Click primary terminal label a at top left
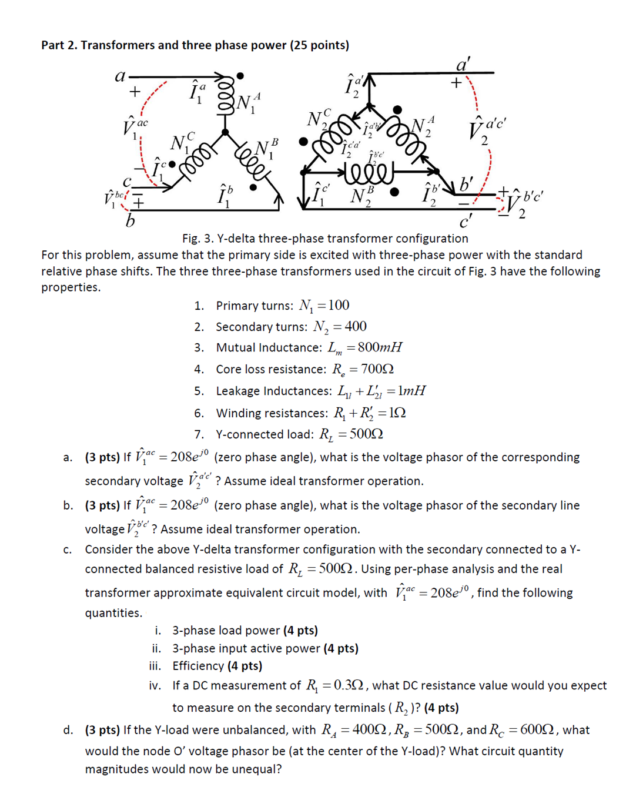[120, 76]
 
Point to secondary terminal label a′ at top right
[463, 64]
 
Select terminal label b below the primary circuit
[130, 221]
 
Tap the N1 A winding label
[247, 103]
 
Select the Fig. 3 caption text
[324, 238]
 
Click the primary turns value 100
[339, 305]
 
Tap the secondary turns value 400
[355, 326]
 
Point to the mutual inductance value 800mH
[380, 347]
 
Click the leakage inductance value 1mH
[411, 391]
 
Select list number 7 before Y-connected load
[199, 434]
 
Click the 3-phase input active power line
[265, 648]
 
